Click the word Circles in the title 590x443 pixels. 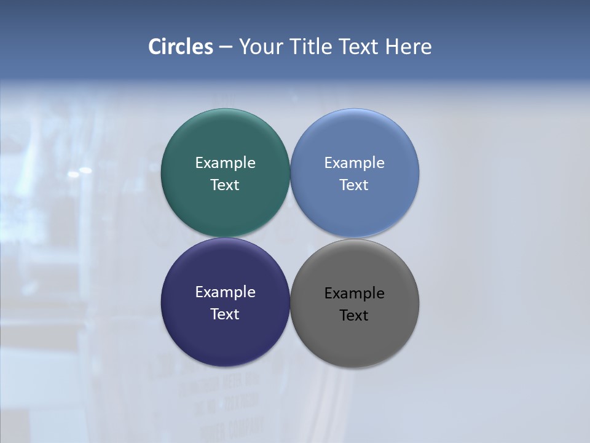pos(180,47)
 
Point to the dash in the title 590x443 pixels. pos(226,47)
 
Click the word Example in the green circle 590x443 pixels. pos(225,163)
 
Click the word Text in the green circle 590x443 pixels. pos(225,185)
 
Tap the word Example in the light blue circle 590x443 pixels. pos(355,163)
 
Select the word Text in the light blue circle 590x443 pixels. pos(355,185)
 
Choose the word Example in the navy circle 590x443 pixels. pos(225,292)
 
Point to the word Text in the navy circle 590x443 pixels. pos(225,314)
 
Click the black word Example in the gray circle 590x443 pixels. pos(355,293)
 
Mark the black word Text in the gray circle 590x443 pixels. pos(355,316)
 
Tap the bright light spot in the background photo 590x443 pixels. pos(85,170)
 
